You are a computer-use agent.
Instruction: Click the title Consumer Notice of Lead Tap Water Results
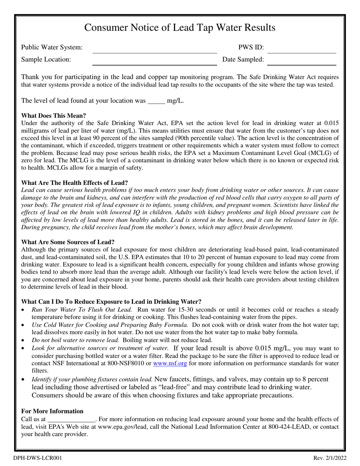pos(180,28)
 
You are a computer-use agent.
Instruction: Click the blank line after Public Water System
pos(155,49)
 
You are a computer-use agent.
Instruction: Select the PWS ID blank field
pos(302,49)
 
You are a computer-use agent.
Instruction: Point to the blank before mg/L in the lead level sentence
pos(156,101)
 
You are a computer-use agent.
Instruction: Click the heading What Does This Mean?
pos(54,116)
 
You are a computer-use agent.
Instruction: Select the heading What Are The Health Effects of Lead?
pos(75,183)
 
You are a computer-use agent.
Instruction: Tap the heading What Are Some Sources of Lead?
pos(68,242)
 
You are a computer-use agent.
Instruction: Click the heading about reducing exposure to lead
pos(111,302)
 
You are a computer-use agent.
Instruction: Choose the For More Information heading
pos(52,411)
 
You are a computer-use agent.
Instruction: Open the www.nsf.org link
pos(170,363)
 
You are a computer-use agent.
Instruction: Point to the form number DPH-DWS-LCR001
pos(38,458)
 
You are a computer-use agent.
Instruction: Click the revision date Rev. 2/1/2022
pos(330,458)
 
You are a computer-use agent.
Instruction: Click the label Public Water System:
pos(52,47)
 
